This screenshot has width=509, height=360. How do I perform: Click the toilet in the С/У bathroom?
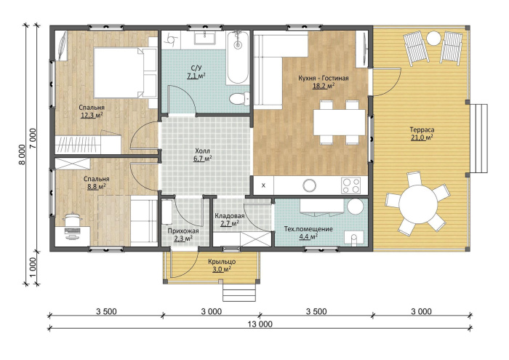[239, 98]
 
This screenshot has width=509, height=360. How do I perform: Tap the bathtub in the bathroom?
[238, 57]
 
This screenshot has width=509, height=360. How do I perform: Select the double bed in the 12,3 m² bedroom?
[125, 73]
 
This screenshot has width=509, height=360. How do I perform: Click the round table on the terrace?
[417, 204]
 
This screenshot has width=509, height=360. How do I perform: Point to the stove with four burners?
[351, 185]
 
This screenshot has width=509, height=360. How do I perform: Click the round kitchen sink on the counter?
[309, 185]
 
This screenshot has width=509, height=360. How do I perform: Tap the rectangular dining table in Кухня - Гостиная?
[340, 122]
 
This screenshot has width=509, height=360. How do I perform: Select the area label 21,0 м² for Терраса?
[422, 137]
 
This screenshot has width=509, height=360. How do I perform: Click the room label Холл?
[203, 151]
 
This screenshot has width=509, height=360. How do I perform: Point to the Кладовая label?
[230, 216]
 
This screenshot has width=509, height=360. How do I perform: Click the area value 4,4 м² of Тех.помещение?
[308, 236]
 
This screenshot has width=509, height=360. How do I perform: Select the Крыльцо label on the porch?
[222, 262]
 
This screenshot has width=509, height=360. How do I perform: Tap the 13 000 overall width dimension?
[260, 324]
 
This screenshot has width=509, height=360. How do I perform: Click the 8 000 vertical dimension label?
[22, 154]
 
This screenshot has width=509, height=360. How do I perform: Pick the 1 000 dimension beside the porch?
[33, 268]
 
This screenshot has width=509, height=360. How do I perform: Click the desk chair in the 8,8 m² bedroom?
[72, 220]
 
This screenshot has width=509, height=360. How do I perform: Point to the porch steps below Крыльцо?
[239, 292]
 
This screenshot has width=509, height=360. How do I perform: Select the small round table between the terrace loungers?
[433, 39]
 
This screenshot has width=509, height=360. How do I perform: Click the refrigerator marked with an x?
[263, 185]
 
